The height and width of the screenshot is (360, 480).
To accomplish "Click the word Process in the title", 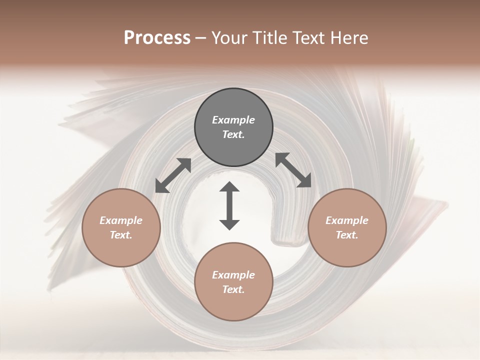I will click(x=157, y=38).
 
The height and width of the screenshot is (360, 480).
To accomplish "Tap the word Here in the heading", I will click(x=348, y=38).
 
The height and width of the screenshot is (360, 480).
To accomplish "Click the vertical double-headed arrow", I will click(x=229, y=206).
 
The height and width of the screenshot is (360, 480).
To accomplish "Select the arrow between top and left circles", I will click(x=173, y=175).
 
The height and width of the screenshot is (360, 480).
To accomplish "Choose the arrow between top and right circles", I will click(x=293, y=170).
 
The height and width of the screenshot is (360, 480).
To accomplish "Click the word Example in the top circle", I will click(x=233, y=120).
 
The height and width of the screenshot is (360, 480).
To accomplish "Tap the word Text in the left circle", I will click(x=121, y=235).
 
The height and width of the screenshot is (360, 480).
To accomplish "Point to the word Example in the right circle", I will click(x=347, y=220).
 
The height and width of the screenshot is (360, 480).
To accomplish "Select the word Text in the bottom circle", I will click(x=233, y=289).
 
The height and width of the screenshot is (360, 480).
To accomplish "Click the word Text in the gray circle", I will click(x=233, y=134).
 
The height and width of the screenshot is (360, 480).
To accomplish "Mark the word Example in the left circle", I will click(x=121, y=220).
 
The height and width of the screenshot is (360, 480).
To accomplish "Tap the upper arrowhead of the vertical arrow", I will click(x=229, y=187).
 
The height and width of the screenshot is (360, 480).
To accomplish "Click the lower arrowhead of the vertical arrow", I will click(x=229, y=224).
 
